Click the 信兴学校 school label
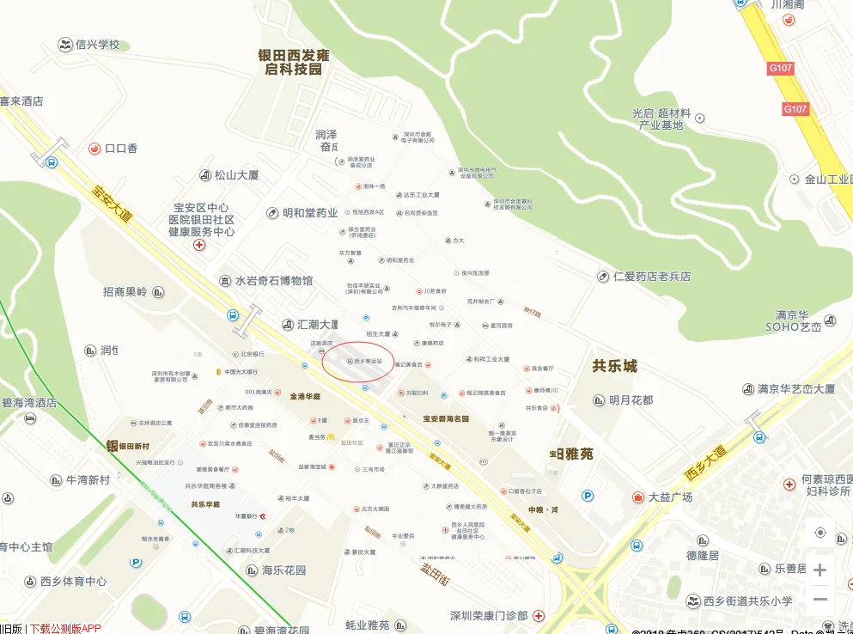(97, 45)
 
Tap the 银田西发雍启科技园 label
(294, 62)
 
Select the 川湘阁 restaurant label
(787, 5)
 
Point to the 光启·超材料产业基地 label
(661, 119)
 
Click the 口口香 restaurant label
(120, 149)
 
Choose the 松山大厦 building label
(235, 175)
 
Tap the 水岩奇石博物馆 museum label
(274, 281)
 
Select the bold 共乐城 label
(615, 366)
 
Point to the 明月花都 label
(631, 400)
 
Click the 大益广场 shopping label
(670, 497)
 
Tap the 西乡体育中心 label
(73, 582)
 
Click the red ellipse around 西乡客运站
(358, 362)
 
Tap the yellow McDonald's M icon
(330, 437)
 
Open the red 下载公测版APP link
(65, 628)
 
